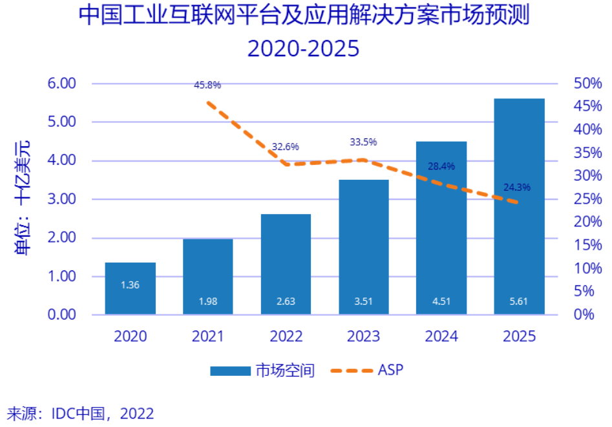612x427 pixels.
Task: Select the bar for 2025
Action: click(519, 207)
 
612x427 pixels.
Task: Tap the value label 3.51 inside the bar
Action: click(363, 300)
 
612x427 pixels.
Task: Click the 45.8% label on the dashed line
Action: click(207, 85)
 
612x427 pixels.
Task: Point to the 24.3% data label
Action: click(516, 188)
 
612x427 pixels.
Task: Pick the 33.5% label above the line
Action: click(363, 142)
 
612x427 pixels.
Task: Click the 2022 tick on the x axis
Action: click(285, 336)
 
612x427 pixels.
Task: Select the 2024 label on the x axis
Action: click(441, 336)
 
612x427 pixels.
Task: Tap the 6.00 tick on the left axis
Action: click(62, 83)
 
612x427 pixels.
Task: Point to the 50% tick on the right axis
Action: click(587, 83)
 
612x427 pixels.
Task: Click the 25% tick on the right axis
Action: click(587, 199)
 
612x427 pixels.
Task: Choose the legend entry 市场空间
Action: click(285, 371)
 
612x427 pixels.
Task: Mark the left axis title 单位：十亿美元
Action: click(23, 197)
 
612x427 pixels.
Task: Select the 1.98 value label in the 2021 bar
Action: click(208, 300)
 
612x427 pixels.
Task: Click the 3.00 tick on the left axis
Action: click(62, 199)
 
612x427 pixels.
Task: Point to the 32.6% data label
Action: click(285, 147)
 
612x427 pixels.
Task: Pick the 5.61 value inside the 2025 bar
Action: click(519, 300)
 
